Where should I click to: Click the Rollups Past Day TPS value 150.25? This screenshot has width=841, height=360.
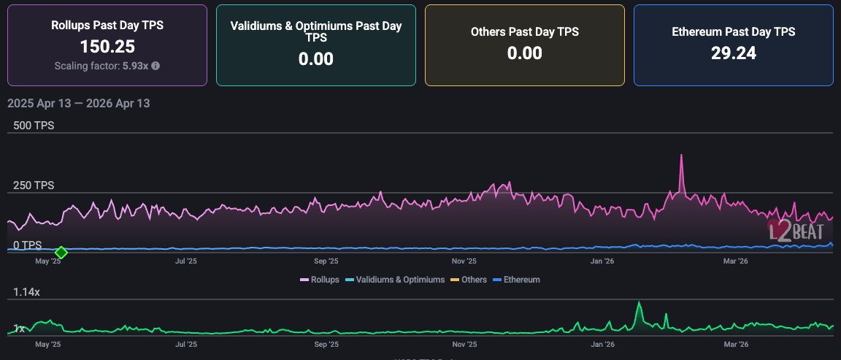(107, 47)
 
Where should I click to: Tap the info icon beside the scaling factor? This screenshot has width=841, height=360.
(155, 66)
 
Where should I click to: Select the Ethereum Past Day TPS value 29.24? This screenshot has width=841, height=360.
(733, 53)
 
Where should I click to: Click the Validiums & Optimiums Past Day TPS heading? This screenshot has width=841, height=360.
(316, 31)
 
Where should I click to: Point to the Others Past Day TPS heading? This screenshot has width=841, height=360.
(524, 32)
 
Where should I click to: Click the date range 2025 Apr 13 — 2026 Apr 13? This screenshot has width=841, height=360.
(78, 103)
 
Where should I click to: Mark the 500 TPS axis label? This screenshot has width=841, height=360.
(34, 126)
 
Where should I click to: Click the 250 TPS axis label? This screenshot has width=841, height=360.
(34, 185)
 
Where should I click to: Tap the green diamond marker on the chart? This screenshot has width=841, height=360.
(61, 252)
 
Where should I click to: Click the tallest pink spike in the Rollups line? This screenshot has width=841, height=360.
(681, 156)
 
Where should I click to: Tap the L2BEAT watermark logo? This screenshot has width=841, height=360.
(799, 231)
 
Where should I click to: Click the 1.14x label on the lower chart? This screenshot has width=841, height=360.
(27, 292)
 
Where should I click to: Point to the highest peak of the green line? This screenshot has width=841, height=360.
(639, 302)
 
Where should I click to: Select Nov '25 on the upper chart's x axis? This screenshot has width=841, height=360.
(464, 261)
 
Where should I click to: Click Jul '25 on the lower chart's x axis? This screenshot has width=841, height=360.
(186, 343)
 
